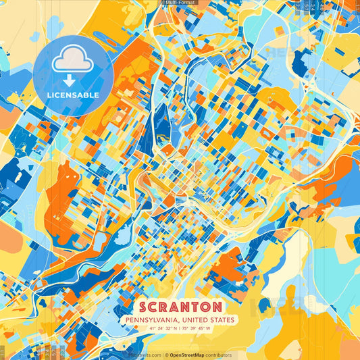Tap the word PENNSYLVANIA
click(x=148, y=319)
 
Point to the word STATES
click(x=222, y=319)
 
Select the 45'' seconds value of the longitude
click(x=202, y=329)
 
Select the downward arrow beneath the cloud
click(x=73, y=80)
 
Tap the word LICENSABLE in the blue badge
click(x=73, y=95)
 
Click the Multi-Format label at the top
click(x=180, y=3)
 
